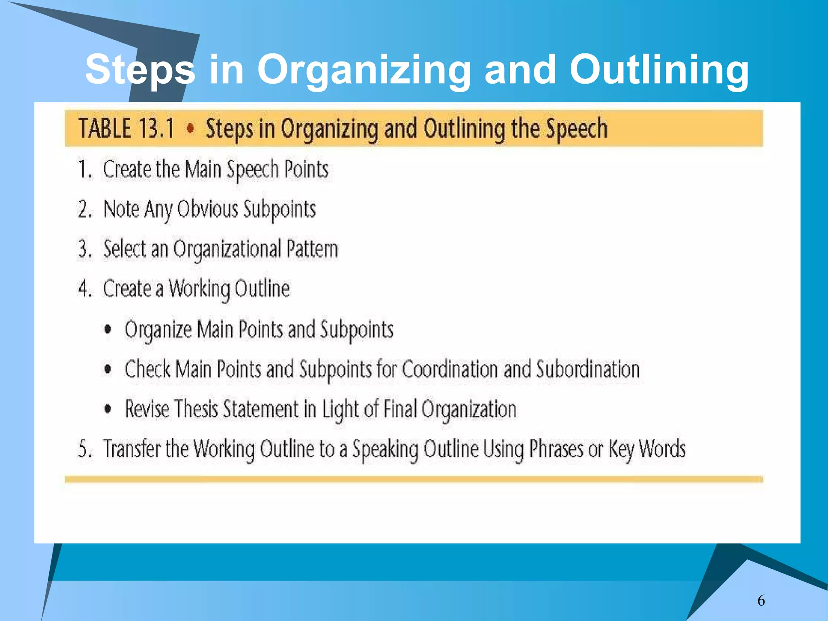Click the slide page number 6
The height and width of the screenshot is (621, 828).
tap(761, 600)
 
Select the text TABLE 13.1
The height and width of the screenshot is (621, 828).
tap(126, 128)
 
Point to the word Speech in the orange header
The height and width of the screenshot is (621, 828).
tap(577, 129)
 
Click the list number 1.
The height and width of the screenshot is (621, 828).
tap(84, 169)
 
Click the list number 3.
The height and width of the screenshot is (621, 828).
tap(85, 249)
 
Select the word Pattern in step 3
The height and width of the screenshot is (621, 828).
tap(312, 249)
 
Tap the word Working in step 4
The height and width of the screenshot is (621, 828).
tap(199, 289)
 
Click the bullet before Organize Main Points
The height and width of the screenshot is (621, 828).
tap(108, 329)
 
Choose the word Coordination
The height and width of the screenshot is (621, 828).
tap(450, 369)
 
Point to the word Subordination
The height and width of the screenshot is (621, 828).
tap(588, 369)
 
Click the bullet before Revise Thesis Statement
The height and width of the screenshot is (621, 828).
tap(108, 409)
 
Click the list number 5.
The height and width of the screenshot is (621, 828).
tap(84, 449)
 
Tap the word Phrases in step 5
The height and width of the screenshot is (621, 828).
tap(557, 449)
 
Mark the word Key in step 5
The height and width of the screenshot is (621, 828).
tap(621, 449)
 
